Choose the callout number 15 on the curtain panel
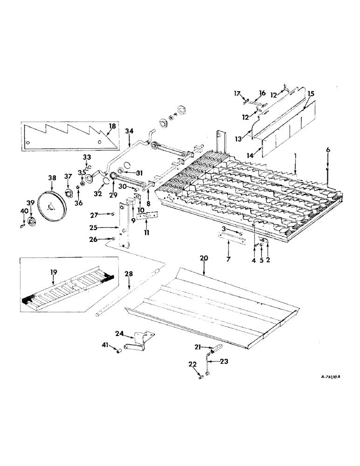311,94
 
